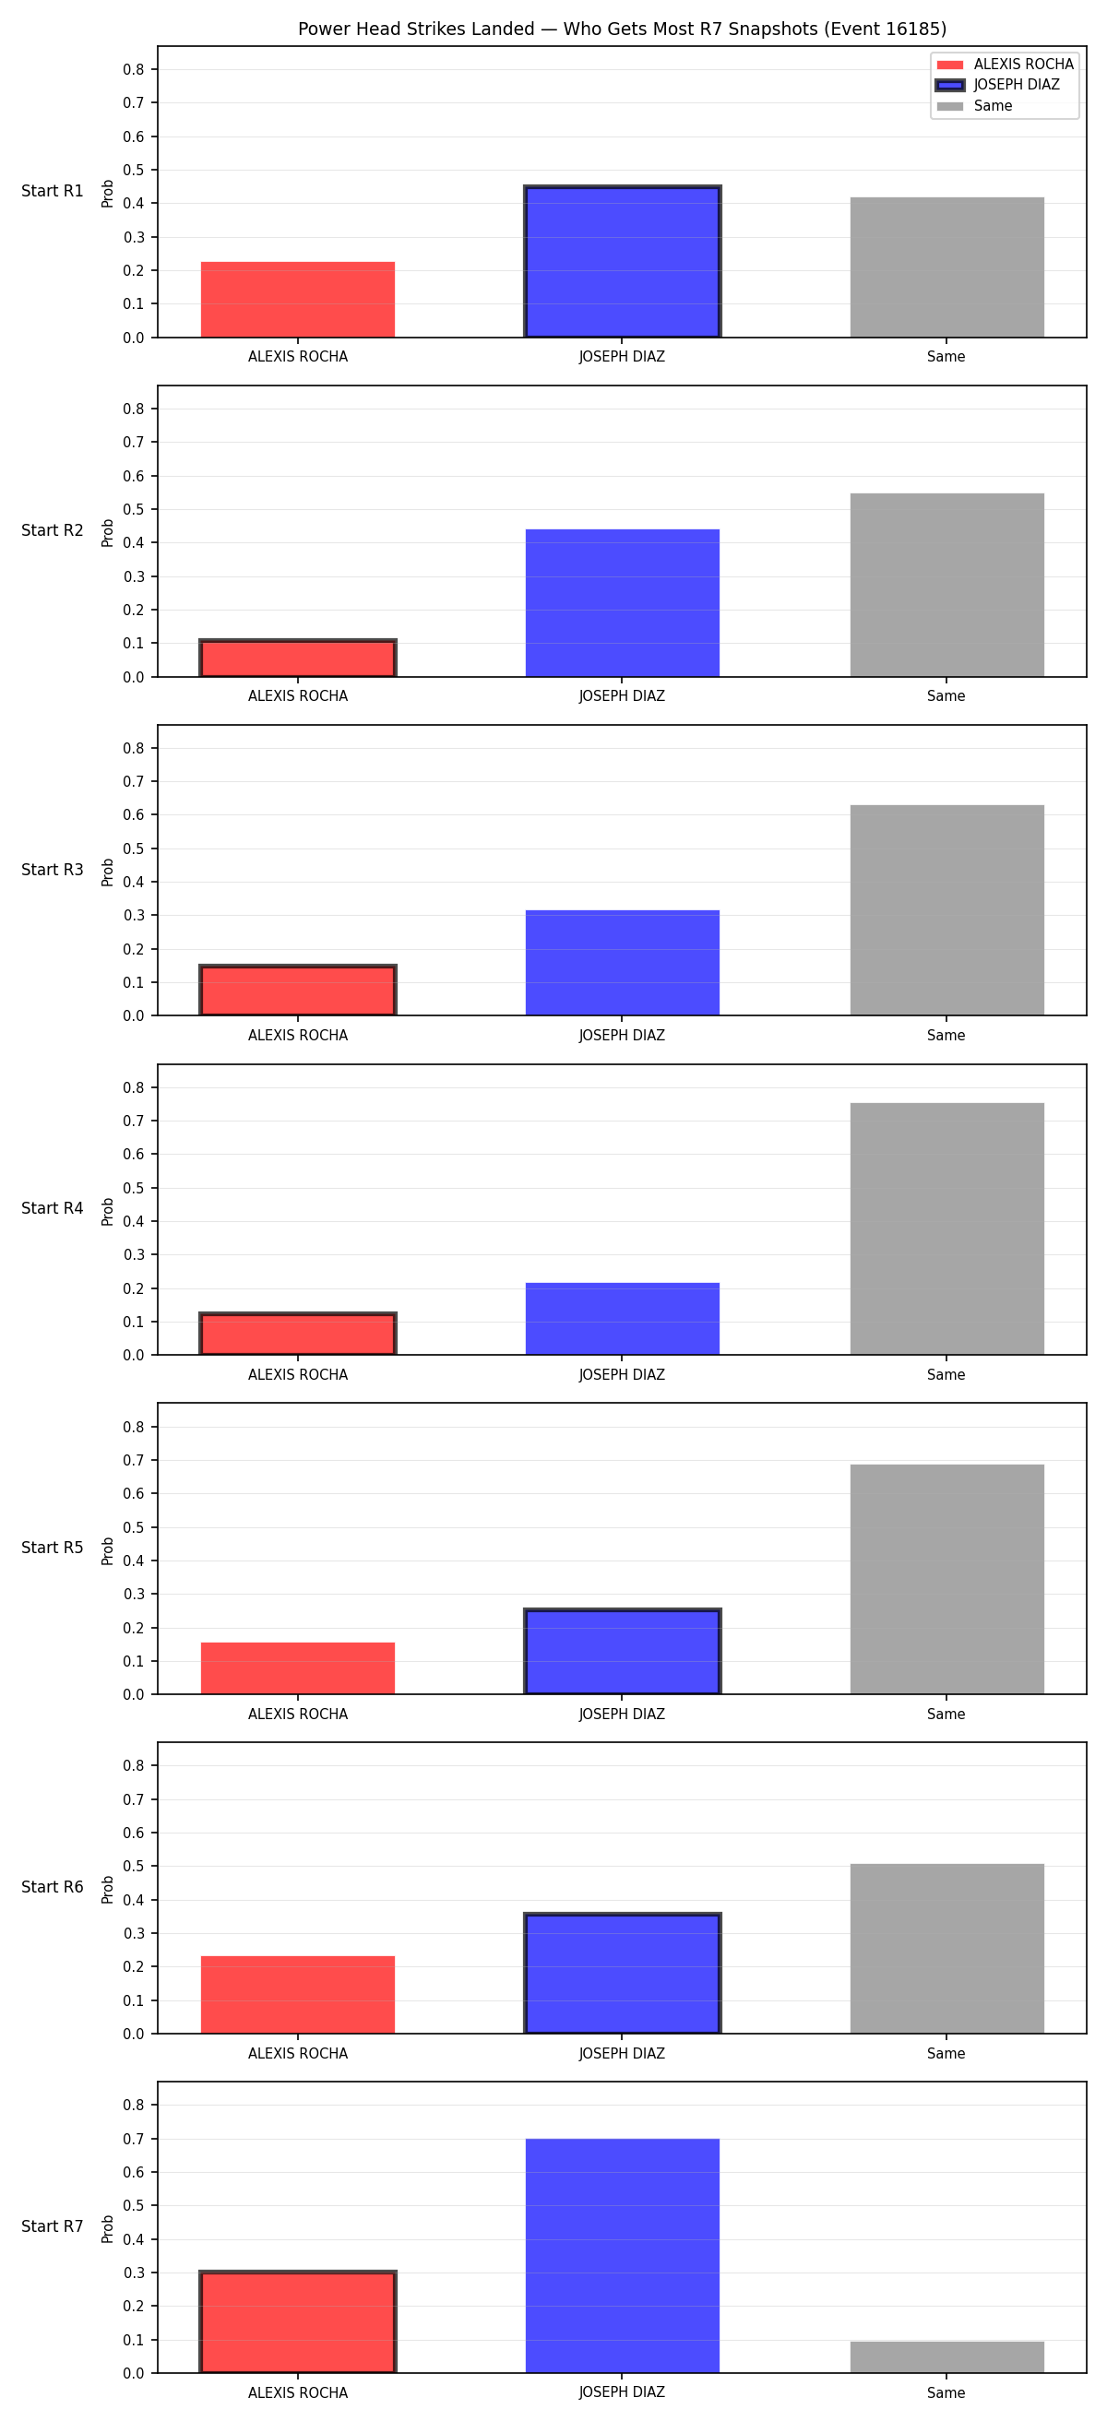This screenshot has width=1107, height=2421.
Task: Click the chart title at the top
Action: [622, 30]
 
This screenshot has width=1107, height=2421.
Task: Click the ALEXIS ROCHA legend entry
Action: [1005, 64]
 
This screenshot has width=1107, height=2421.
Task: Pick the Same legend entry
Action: [974, 106]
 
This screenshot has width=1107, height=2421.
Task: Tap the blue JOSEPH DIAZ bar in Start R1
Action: [622, 261]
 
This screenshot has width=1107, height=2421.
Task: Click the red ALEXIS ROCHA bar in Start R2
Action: [298, 658]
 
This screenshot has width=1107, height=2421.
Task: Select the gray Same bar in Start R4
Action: [947, 1228]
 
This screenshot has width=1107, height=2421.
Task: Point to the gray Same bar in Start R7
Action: [947, 2357]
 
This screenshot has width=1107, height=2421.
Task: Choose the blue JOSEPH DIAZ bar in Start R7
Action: [622, 2256]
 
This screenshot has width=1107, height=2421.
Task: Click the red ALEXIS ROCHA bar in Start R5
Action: [298, 1668]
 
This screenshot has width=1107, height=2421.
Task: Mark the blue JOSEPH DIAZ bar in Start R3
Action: [622, 962]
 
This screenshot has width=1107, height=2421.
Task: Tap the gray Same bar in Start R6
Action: [947, 1948]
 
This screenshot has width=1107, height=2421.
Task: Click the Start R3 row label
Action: [53, 870]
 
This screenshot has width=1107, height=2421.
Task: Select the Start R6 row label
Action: [53, 1887]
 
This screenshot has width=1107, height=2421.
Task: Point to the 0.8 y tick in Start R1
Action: [134, 69]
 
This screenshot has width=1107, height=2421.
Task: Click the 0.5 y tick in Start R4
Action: [134, 1188]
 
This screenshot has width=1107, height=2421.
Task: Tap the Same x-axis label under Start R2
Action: [946, 696]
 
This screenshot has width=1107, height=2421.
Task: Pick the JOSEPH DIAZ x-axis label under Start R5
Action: [622, 1715]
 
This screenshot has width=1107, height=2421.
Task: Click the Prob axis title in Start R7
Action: [107, 2228]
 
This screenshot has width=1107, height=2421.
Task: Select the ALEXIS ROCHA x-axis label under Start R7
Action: [298, 2392]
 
